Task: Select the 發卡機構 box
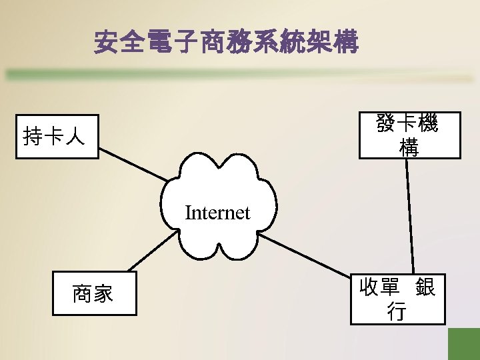click(x=409, y=135)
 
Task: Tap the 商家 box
click(x=95, y=293)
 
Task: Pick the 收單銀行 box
click(x=398, y=299)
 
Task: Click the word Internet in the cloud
click(x=217, y=213)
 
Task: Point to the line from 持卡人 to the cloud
click(x=133, y=161)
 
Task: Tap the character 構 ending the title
click(x=345, y=43)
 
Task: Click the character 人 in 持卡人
click(x=76, y=137)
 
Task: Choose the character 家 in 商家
click(x=105, y=293)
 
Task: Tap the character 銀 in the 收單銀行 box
click(x=425, y=288)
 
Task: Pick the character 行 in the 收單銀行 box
click(x=397, y=311)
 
